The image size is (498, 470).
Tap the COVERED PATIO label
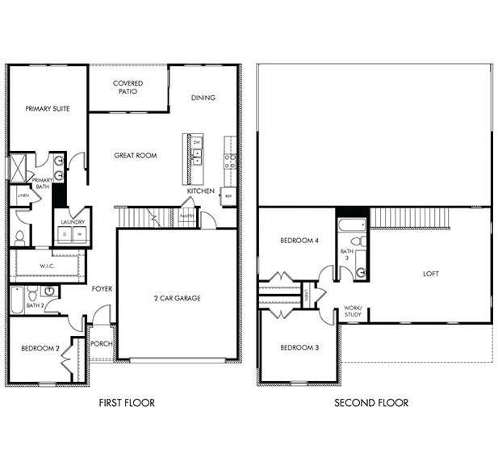128,87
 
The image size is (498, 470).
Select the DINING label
203,98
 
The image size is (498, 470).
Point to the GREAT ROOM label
135,155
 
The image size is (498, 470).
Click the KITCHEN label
201,191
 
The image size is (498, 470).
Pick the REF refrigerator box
228,196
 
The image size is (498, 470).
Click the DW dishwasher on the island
196,142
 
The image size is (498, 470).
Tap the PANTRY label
187,216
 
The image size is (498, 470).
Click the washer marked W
80,233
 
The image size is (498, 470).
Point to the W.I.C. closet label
47,266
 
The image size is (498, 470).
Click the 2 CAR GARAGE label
177,298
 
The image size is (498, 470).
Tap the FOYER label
102,288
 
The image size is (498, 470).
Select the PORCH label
102,343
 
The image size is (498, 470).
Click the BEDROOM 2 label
41,348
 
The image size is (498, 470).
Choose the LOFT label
431,274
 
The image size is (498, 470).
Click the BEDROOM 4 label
299,241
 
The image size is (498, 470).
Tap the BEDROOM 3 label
299,347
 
